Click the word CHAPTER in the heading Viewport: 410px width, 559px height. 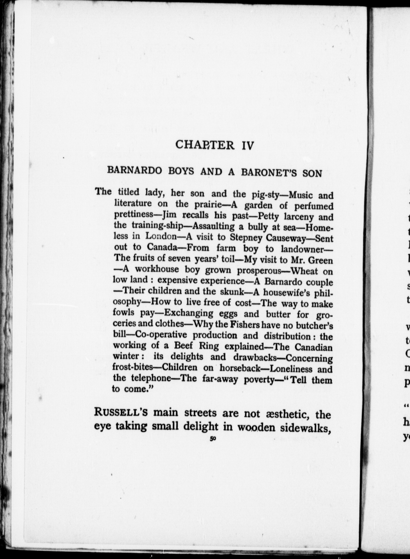[x=205, y=145]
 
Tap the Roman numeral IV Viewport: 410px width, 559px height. [x=248, y=146]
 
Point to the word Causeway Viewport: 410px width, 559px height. [x=286, y=238]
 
